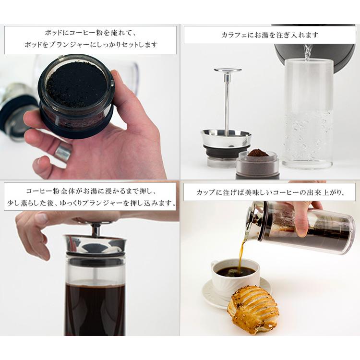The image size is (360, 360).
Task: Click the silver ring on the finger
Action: (63, 152)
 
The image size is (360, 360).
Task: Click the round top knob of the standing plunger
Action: (228, 70)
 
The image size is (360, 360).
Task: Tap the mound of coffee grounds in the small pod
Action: (258, 153)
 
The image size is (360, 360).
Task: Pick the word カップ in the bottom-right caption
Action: (206, 192)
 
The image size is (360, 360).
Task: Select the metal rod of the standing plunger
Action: (227, 105)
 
